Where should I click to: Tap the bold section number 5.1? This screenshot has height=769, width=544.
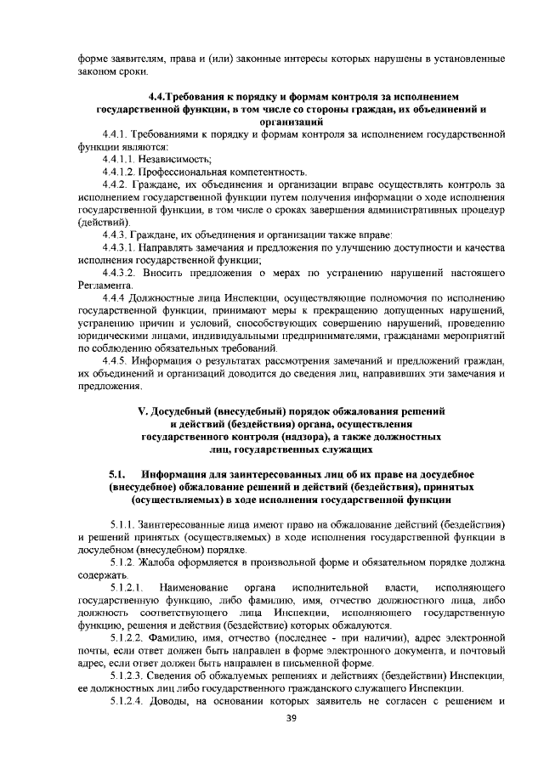click(117, 472)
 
